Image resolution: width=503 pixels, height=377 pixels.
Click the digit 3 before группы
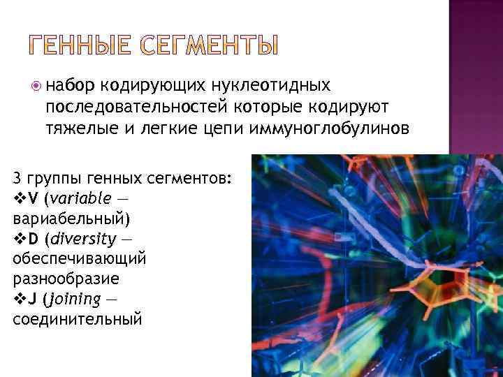click(x=17, y=178)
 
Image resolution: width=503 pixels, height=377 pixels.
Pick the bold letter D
click(x=34, y=239)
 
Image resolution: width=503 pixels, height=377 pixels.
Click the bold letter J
click(x=32, y=300)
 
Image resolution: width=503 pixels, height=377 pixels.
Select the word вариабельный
click(x=69, y=219)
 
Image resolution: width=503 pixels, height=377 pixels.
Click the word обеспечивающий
click(x=79, y=259)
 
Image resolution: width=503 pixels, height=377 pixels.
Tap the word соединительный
click(x=77, y=320)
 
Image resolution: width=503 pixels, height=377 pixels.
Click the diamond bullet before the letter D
click(x=20, y=239)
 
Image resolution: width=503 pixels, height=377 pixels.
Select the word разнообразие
click(x=66, y=279)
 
